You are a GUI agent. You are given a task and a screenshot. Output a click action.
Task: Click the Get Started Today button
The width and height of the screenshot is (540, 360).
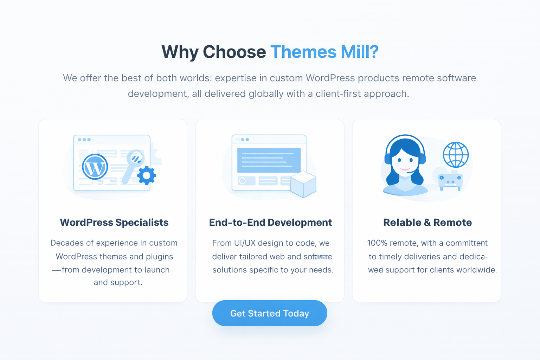tap(270, 313)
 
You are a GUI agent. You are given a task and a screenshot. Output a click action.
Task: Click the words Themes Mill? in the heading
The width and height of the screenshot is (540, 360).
tap(324, 52)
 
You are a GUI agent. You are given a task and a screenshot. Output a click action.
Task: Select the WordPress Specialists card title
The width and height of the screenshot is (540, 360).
tap(114, 223)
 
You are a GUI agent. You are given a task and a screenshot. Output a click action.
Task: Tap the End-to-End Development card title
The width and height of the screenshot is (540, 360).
tap(270, 223)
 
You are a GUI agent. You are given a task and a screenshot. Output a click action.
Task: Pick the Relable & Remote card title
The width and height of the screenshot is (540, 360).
tap(427, 223)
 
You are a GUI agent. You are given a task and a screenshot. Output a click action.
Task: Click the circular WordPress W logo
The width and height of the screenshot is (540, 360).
tap(95, 167)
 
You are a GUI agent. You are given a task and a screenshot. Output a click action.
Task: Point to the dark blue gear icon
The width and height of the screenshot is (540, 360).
tap(146, 175)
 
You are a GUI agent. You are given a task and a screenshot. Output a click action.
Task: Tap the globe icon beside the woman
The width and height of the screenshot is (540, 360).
tap(456, 155)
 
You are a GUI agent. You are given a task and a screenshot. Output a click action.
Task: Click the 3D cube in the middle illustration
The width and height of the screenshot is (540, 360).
tap(303, 184)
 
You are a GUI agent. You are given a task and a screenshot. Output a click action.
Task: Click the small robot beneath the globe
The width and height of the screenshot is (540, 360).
tap(450, 181)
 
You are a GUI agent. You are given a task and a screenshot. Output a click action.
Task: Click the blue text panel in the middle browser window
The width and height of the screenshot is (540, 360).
tap(269, 160)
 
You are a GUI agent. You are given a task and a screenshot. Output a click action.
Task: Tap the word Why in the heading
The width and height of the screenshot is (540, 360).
tap(180, 52)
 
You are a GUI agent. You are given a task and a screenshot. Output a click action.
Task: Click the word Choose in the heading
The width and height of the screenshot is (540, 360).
tap(234, 52)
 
